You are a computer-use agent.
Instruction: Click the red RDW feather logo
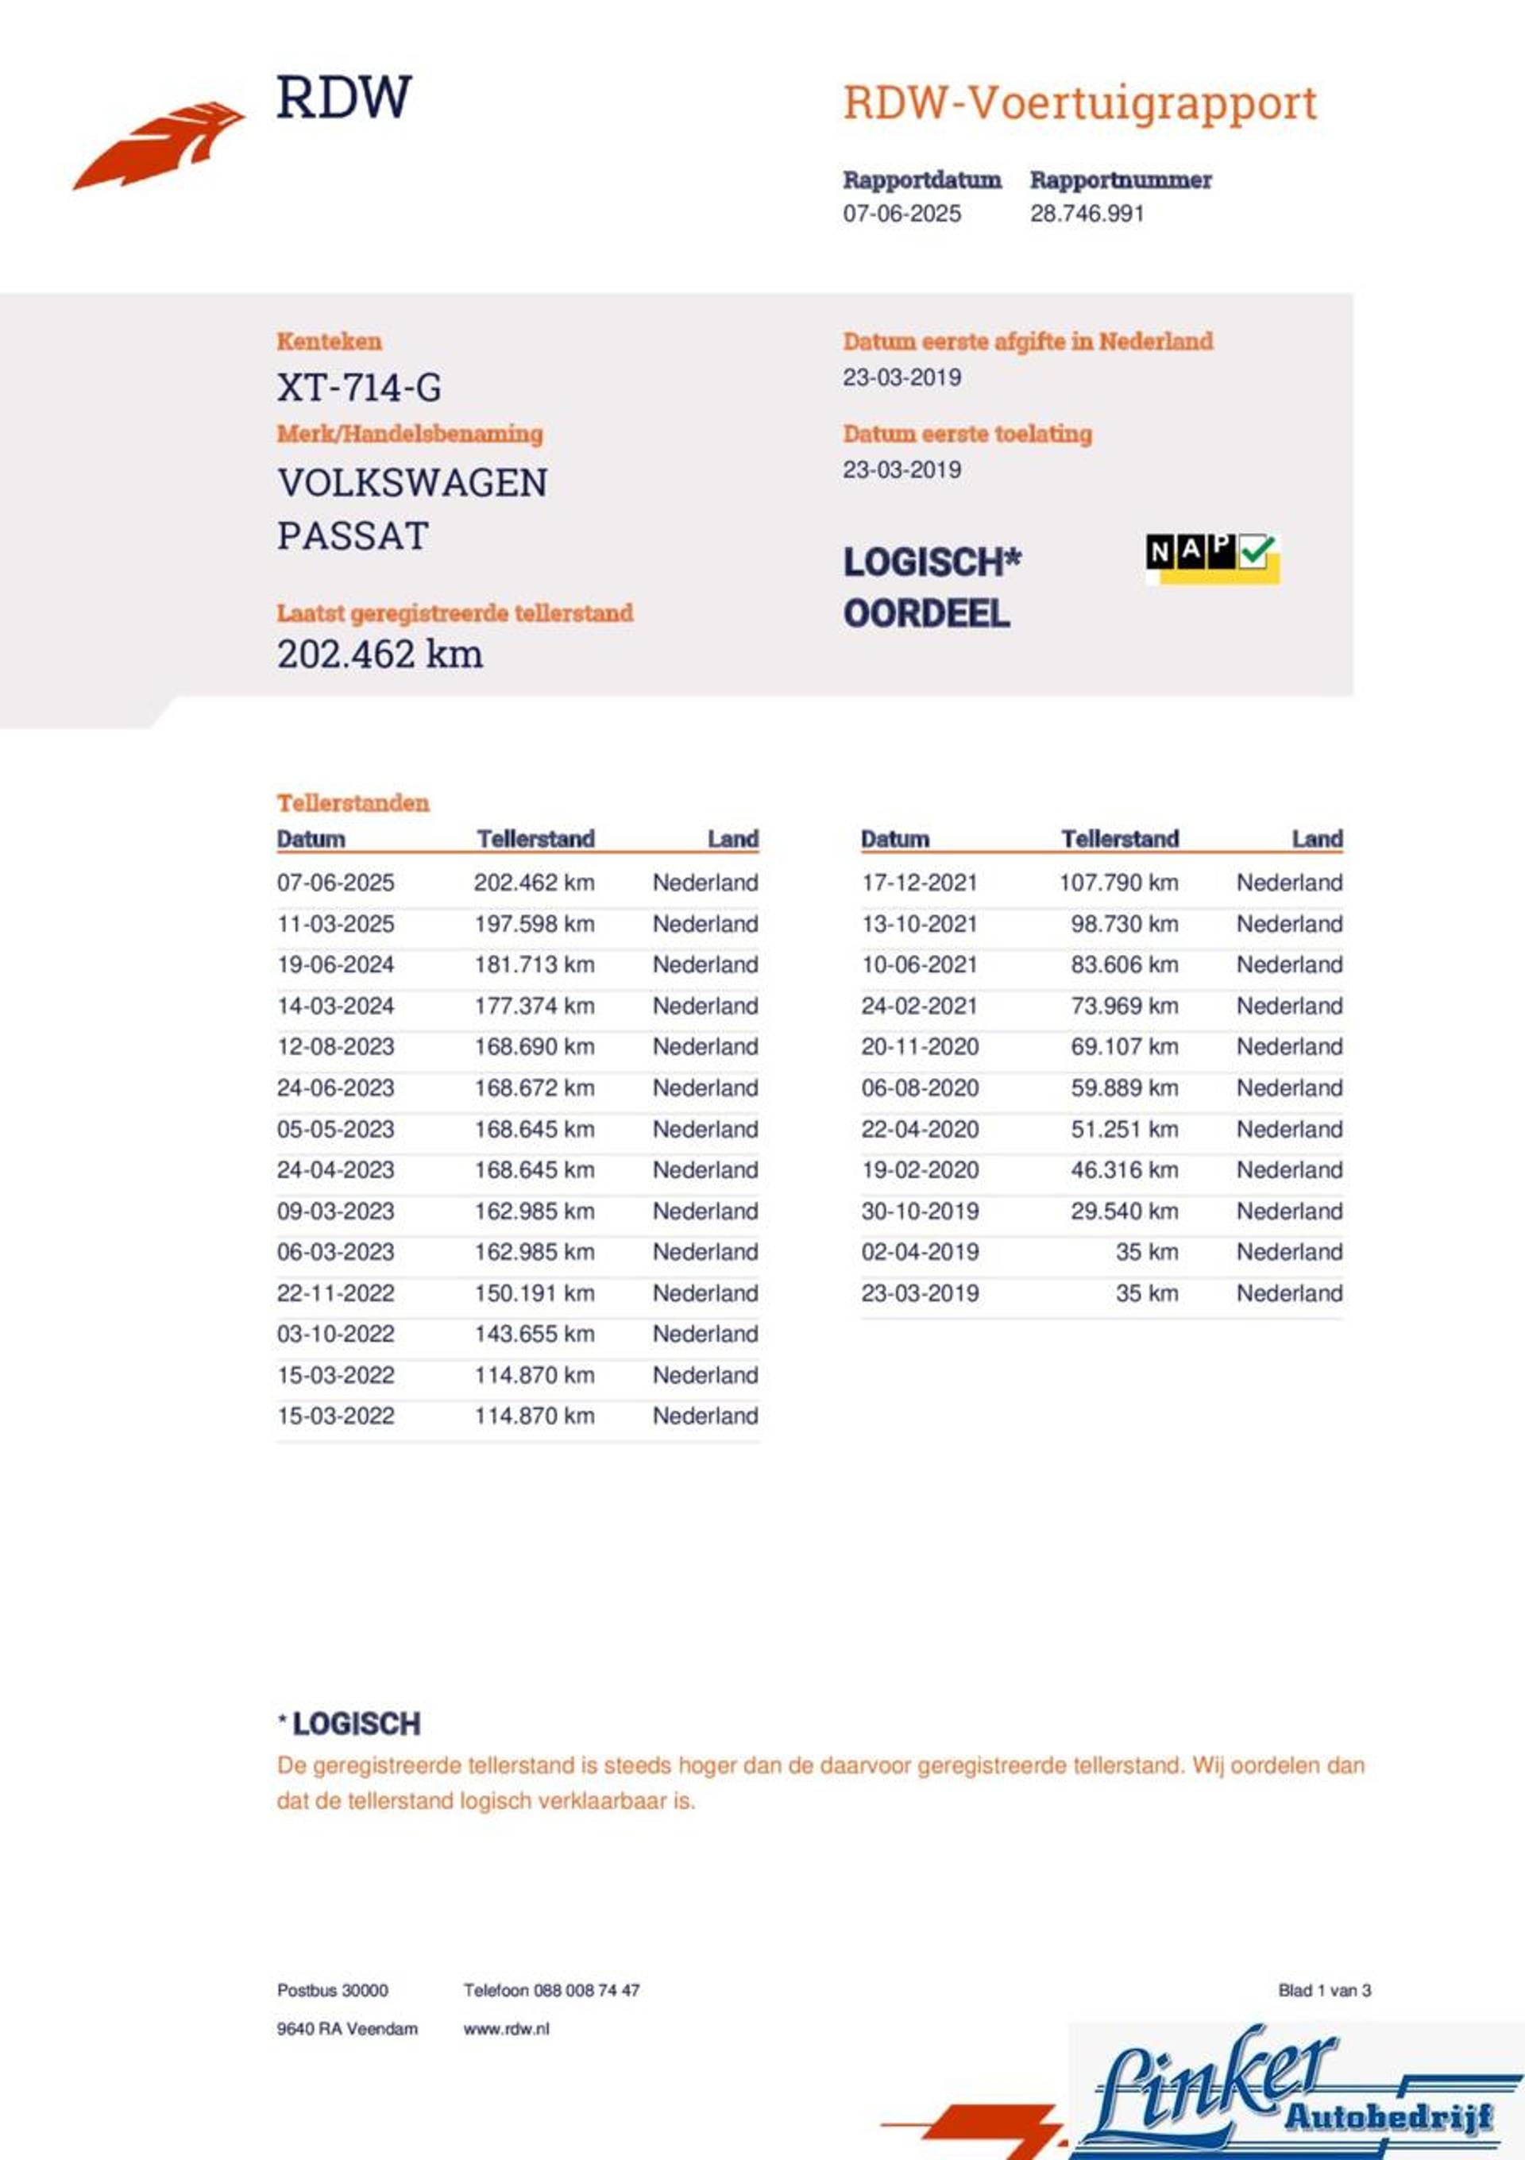157,146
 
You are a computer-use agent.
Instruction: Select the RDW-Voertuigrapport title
1079,103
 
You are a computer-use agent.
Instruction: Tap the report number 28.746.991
1087,214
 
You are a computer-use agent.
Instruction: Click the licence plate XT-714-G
358,387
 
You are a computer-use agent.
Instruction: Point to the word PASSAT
353,536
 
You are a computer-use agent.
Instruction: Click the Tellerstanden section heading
353,802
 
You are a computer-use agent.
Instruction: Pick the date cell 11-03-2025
336,924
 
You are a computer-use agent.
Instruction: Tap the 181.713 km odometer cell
534,965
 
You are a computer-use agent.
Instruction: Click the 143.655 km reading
534,1334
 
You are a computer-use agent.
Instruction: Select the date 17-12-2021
919,883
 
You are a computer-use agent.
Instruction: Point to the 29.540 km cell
1123,1211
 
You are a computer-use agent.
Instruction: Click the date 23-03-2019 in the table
919,1293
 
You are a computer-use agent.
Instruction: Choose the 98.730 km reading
1123,924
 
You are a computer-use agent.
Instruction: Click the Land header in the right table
1316,838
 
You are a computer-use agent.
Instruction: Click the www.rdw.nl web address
506,2029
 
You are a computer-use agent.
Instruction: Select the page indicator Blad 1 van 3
1324,1991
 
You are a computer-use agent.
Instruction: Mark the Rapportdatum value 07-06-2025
901,214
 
